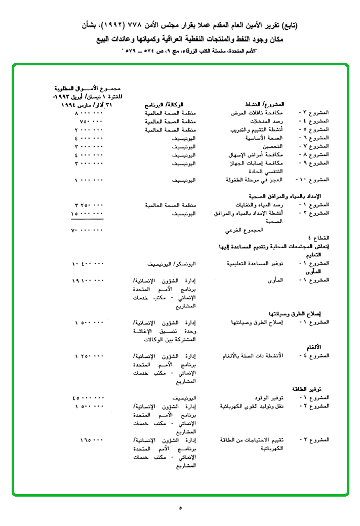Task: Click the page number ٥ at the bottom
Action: coord(180,507)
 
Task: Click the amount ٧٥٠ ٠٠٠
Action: coord(92,122)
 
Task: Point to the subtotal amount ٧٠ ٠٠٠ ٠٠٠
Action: coord(88,230)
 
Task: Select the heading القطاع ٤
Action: coord(319,237)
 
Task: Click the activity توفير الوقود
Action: coord(268,397)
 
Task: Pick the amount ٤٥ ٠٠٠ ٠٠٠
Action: coord(88,397)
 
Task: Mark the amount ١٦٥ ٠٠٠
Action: coord(92,439)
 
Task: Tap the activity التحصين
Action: coord(274,146)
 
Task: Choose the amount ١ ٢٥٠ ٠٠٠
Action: coord(89,356)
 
